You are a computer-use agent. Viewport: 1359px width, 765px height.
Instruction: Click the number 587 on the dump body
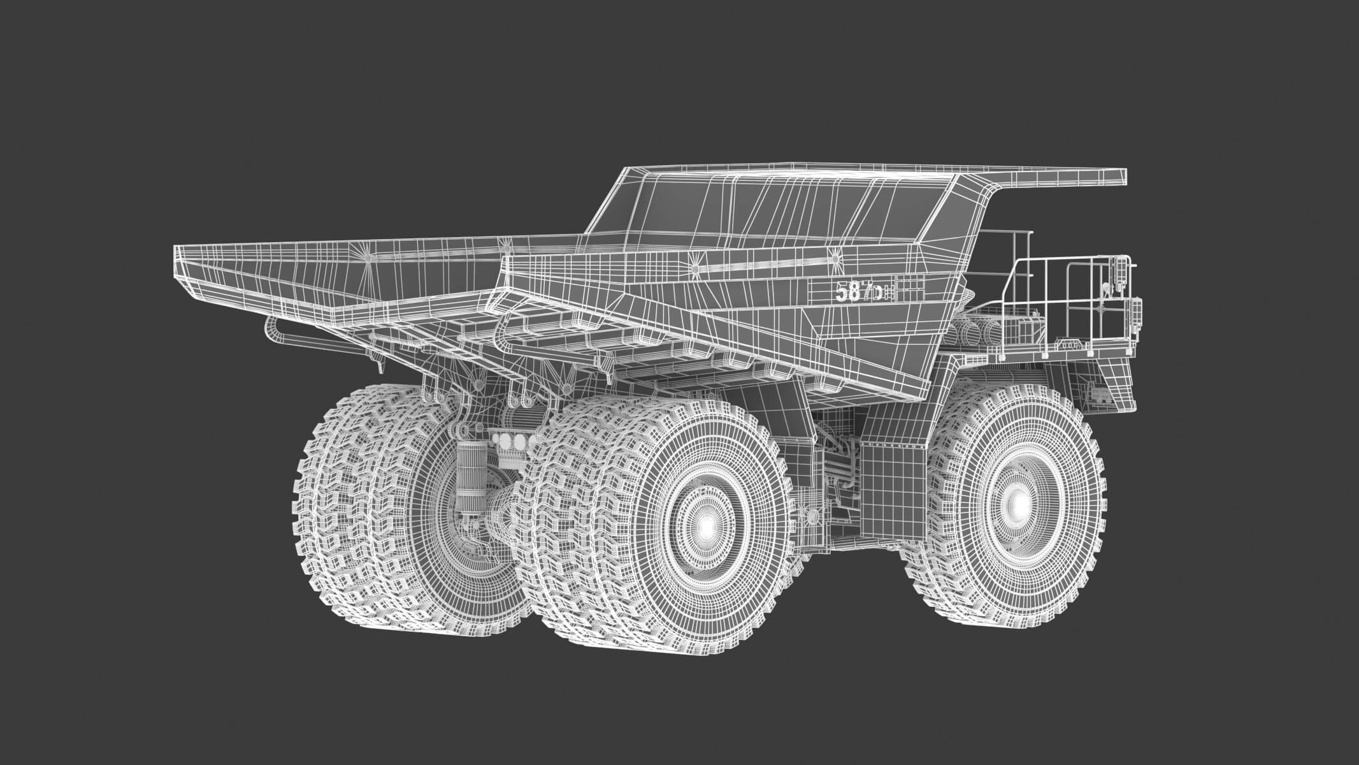coord(850,291)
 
